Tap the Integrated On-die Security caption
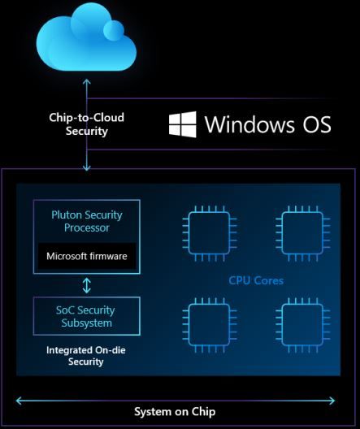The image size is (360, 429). [x=86, y=357]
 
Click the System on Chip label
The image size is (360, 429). [x=175, y=411]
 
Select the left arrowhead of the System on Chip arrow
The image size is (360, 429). [x=18, y=398]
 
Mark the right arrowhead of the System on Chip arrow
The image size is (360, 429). [x=332, y=398]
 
